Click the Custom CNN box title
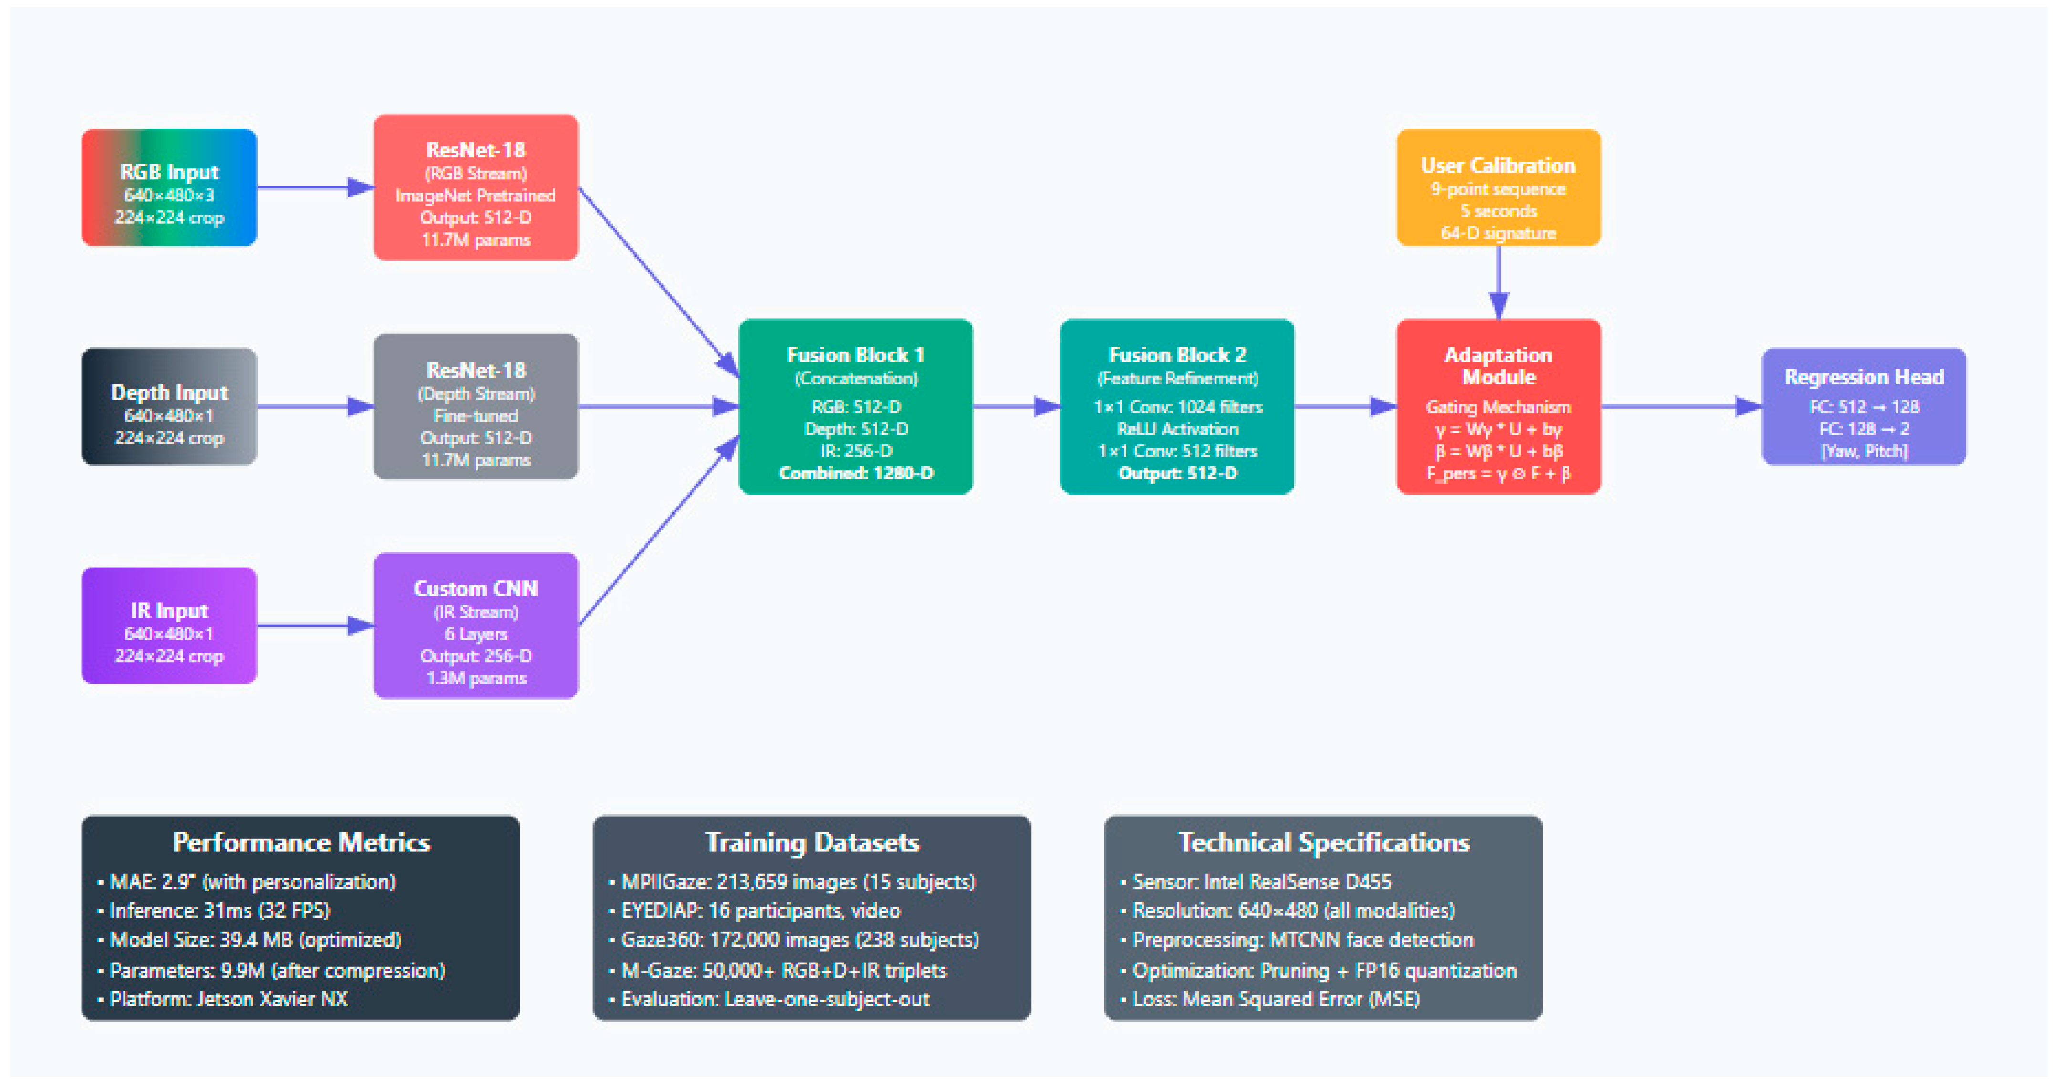pos(476,589)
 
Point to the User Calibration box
pos(1498,188)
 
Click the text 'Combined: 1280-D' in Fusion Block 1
pos(856,473)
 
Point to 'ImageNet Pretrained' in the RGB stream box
pos(476,196)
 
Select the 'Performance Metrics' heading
pos(301,843)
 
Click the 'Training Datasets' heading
pos(812,843)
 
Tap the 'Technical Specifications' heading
pos(1324,843)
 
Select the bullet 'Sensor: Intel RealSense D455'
pos(1262,882)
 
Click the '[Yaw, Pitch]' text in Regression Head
pos(1864,451)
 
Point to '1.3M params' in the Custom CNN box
pos(476,678)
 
